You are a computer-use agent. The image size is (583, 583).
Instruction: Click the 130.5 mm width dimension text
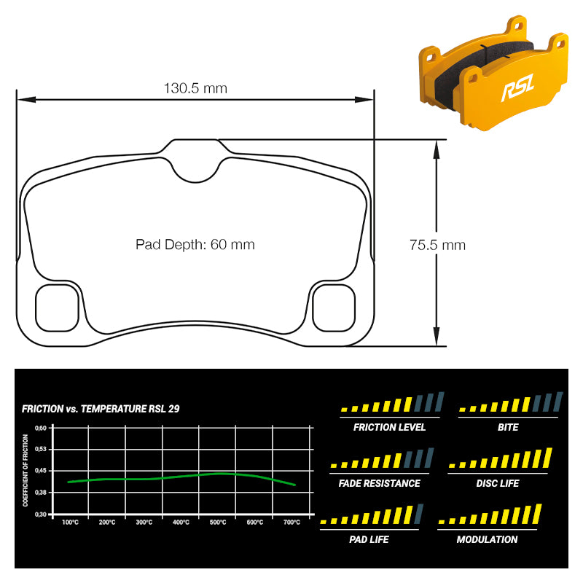(195, 88)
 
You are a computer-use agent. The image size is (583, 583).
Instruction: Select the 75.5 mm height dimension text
(438, 245)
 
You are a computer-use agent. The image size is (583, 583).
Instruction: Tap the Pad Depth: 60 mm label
(195, 245)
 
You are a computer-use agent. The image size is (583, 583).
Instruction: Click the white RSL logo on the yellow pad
(518, 87)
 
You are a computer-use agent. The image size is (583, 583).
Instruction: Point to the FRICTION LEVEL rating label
(389, 427)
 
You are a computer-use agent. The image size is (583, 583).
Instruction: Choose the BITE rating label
(508, 427)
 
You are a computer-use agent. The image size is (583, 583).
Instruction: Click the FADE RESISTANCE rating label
(379, 483)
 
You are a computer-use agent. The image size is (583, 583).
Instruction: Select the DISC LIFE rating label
(498, 483)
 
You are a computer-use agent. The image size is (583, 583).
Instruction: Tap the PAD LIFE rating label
(369, 539)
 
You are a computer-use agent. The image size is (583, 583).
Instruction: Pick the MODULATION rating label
(487, 539)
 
